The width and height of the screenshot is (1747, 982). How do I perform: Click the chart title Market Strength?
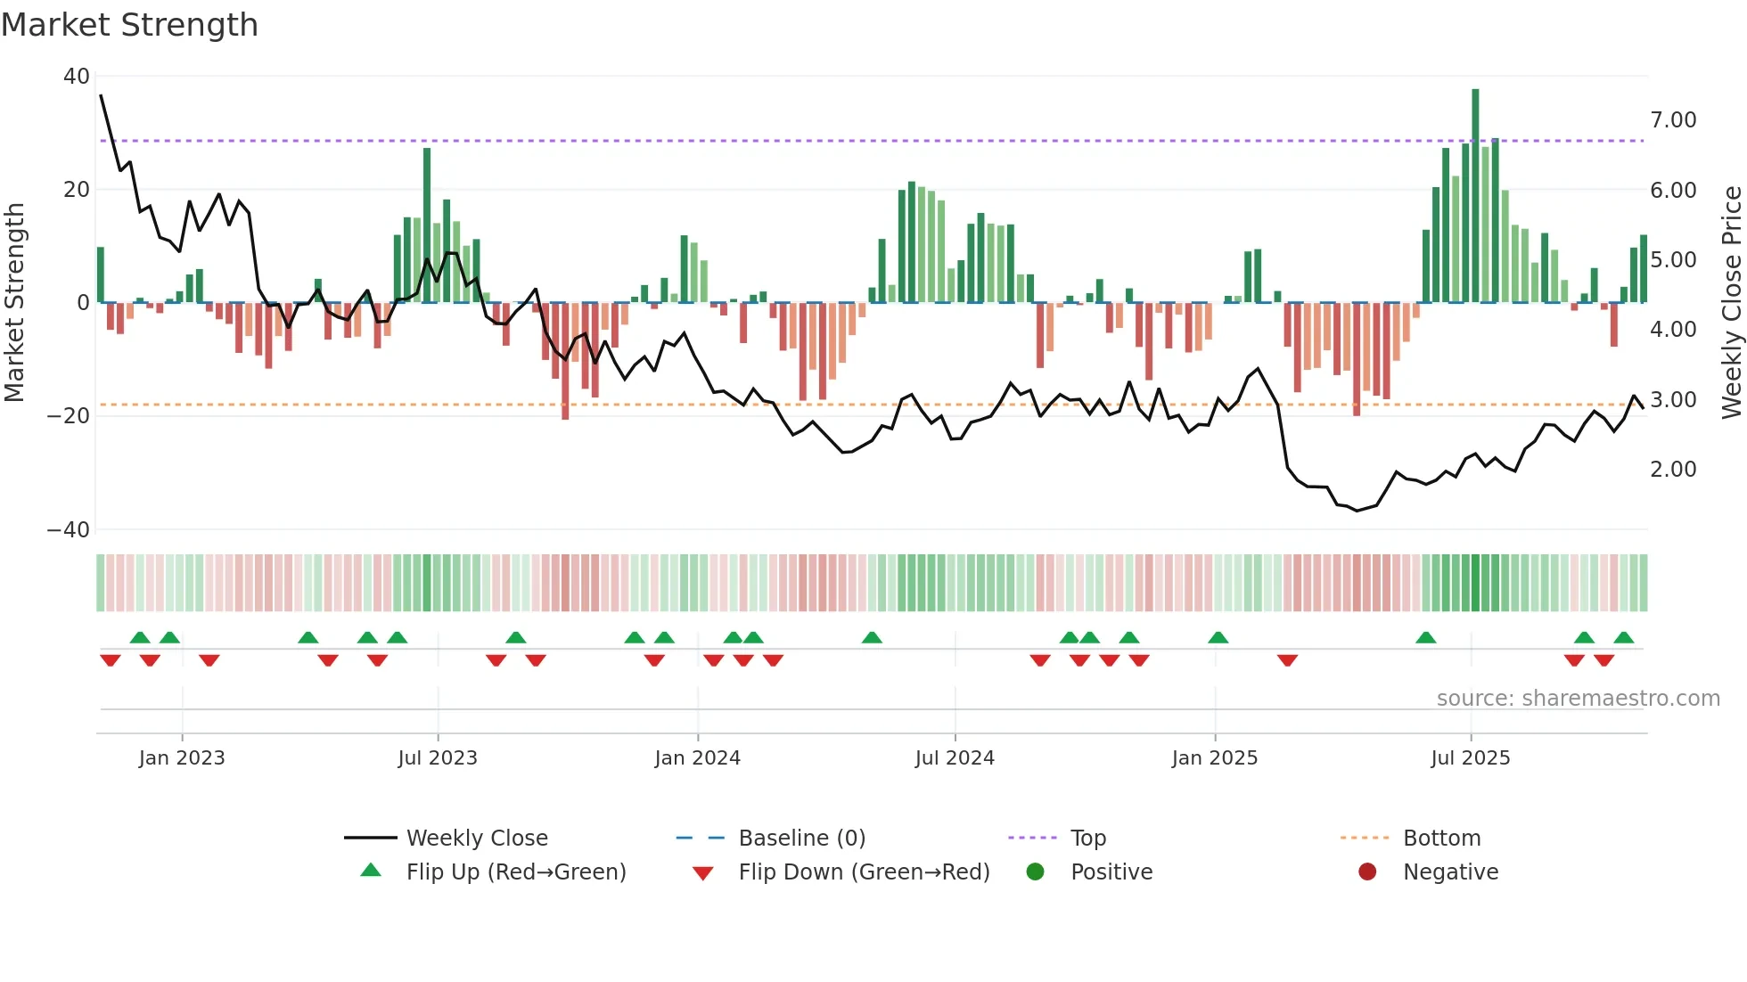coord(129,25)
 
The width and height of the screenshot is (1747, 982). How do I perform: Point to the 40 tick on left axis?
coord(77,77)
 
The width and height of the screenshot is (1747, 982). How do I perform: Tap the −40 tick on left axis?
coord(70,530)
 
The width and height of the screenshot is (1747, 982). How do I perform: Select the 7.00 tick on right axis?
coord(1673,120)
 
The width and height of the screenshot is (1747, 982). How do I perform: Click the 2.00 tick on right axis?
coord(1673,470)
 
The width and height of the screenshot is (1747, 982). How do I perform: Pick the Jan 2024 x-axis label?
coord(697,758)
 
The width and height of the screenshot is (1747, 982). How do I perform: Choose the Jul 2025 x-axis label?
coord(1470,758)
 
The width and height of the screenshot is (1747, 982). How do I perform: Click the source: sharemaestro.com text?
coord(1578,699)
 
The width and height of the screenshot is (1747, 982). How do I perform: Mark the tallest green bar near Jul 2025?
coord(1475,196)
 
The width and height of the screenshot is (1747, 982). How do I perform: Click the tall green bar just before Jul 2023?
coord(427,225)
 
